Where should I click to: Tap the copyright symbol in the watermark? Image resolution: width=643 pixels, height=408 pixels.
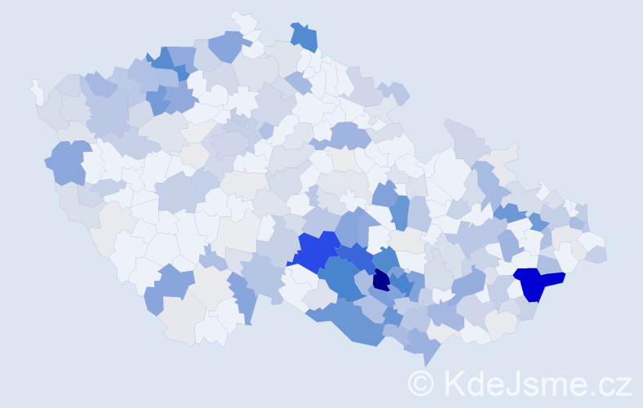coord(421,383)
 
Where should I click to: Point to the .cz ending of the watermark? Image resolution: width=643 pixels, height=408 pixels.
coord(613,383)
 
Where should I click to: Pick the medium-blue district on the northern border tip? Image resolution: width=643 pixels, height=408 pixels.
coord(304,38)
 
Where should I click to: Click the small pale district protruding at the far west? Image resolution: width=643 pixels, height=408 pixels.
coord(37,91)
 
